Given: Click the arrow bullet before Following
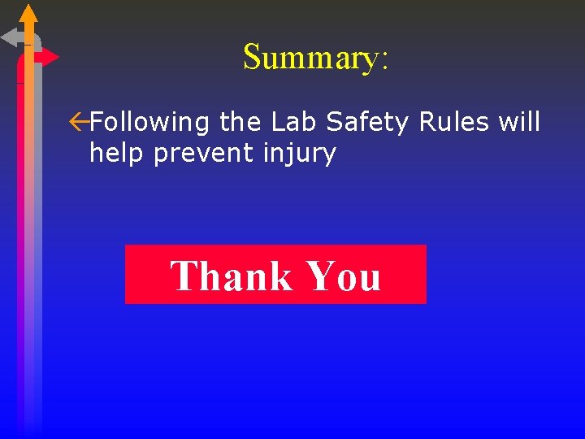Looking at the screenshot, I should coord(79,122).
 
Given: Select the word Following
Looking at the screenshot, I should coord(150,123).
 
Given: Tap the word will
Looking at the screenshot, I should coord(519,122).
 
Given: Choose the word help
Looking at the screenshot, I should coord(118,153).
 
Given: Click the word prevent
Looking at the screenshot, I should coord(204,154).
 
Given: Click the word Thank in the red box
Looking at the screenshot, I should coord(232,276).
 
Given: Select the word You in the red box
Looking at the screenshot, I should coord(343,276).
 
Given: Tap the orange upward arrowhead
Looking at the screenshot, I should coord(28,13).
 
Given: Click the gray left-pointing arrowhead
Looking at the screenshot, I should coord(11,37).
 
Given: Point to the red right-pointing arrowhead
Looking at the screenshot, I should coord(50,57).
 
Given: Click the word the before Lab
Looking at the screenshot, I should coord(240,122).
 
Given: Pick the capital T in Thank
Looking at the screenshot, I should coord(184,276).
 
